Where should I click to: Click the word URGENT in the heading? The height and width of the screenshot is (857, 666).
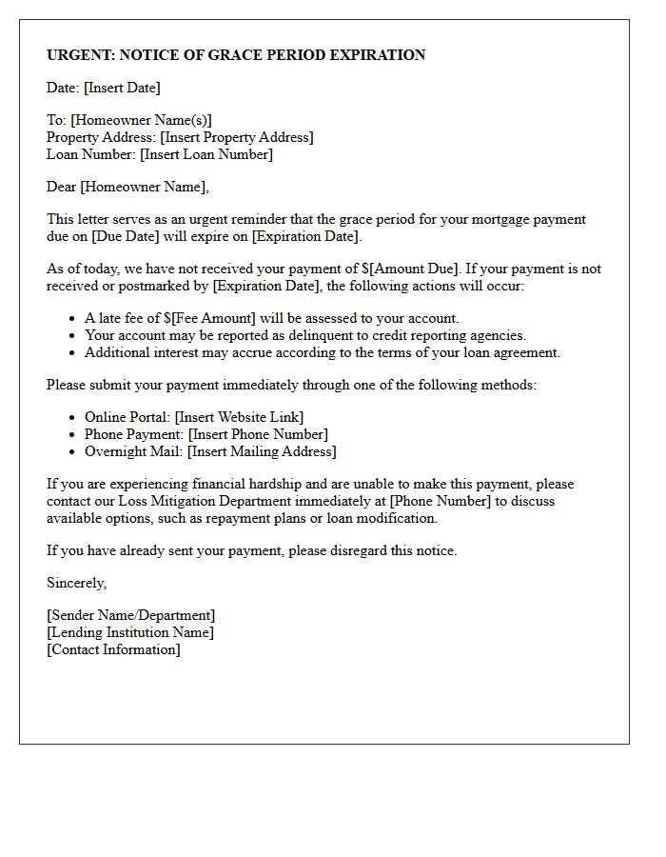[x=81, y=55]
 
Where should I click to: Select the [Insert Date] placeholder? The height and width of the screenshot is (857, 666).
[x=122, y=88]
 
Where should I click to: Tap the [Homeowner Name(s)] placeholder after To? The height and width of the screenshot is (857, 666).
[x=141, y=120]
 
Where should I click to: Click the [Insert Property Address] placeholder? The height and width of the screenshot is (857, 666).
[x=236, y=137]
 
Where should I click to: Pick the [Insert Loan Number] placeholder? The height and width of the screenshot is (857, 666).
[x=206, y=154]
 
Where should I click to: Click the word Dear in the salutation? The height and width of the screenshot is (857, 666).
[x=62, y=187]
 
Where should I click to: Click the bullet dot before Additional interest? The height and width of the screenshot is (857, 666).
[x=73, y=352]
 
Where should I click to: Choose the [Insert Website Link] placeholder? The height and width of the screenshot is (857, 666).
[x=240, y=417]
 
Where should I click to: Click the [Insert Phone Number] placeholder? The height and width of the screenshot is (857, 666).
[x=257, y=434]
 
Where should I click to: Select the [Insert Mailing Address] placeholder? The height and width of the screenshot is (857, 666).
[x=262, y=451]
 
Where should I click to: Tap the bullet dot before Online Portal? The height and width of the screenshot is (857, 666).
[x=73, y=417]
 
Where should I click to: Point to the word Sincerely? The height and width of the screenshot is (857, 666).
[x=76, y=583]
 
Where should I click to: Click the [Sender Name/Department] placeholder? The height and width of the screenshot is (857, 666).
[x=130, y=615]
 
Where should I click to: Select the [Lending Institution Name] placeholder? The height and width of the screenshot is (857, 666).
[x=130, y=632]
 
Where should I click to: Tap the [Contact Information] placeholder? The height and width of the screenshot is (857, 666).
[x=113, y=649]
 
